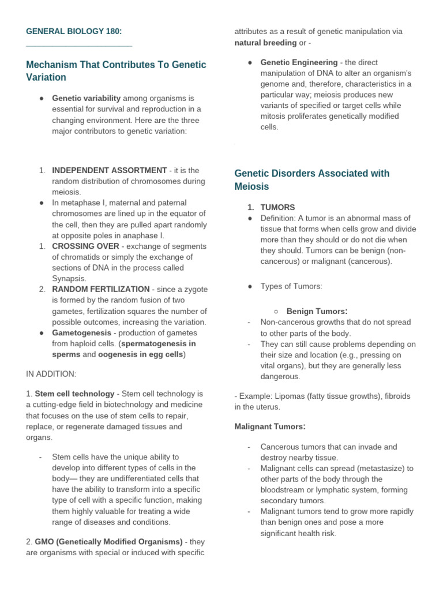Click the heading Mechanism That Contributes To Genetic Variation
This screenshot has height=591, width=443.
115,71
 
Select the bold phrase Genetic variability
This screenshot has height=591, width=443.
87,99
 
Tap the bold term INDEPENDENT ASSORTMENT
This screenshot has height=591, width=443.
109,170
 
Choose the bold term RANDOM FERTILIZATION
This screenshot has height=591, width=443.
101,289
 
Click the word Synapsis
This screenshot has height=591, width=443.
69,278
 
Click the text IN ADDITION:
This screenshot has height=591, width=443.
51,373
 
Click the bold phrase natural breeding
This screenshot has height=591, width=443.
265,42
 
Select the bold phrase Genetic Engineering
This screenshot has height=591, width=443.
299,62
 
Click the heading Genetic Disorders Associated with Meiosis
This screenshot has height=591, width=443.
311,180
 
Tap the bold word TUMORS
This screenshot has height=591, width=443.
277,207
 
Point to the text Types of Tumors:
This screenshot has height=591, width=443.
291,286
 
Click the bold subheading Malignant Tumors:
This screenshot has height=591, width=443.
269,427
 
